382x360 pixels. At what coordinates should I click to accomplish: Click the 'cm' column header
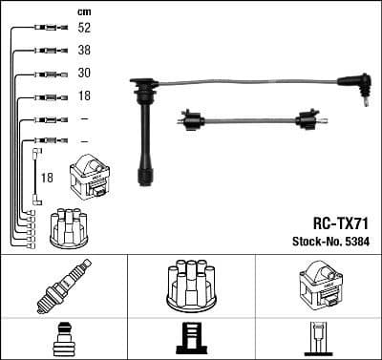click(x=85, y=11)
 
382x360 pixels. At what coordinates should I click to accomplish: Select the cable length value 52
click(x=85, y=30)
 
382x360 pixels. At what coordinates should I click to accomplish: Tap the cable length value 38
click(x=85, y=52)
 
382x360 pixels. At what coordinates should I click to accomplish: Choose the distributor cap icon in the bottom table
click(x=191, y=284)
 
